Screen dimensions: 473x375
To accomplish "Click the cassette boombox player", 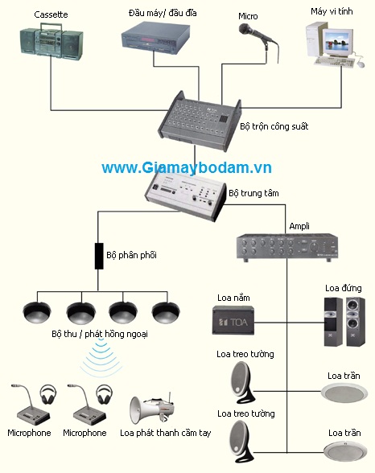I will tap(51, 42).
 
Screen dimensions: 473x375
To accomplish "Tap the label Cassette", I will tap(51, 14).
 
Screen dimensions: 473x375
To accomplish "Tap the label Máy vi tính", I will tap(332, 11).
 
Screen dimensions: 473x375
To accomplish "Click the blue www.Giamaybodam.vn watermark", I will tap(187, 167).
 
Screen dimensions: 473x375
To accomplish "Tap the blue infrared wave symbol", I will tap(99, 356).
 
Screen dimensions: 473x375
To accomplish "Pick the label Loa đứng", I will tap(344, 288).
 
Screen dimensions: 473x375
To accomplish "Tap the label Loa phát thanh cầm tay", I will tap(165, 433).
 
